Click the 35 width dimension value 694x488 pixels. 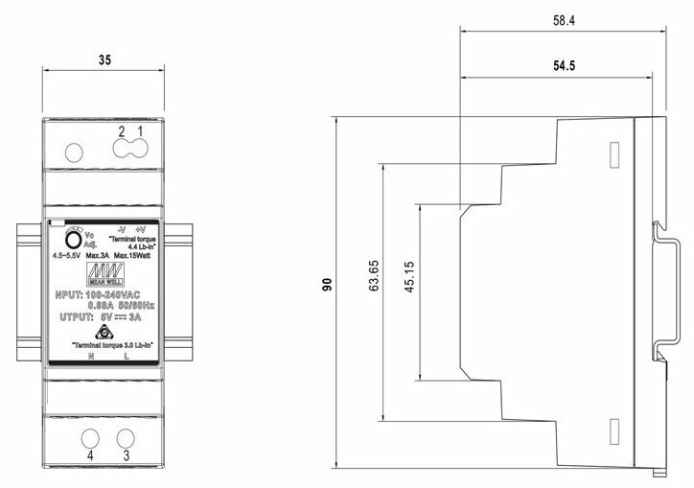(x=105, y=59)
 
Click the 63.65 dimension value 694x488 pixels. (x=375, y=274)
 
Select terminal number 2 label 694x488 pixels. (x=122, y=130)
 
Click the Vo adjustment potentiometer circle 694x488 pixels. (x=72, y=240)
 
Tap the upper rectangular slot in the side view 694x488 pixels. (x=613, y=156)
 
